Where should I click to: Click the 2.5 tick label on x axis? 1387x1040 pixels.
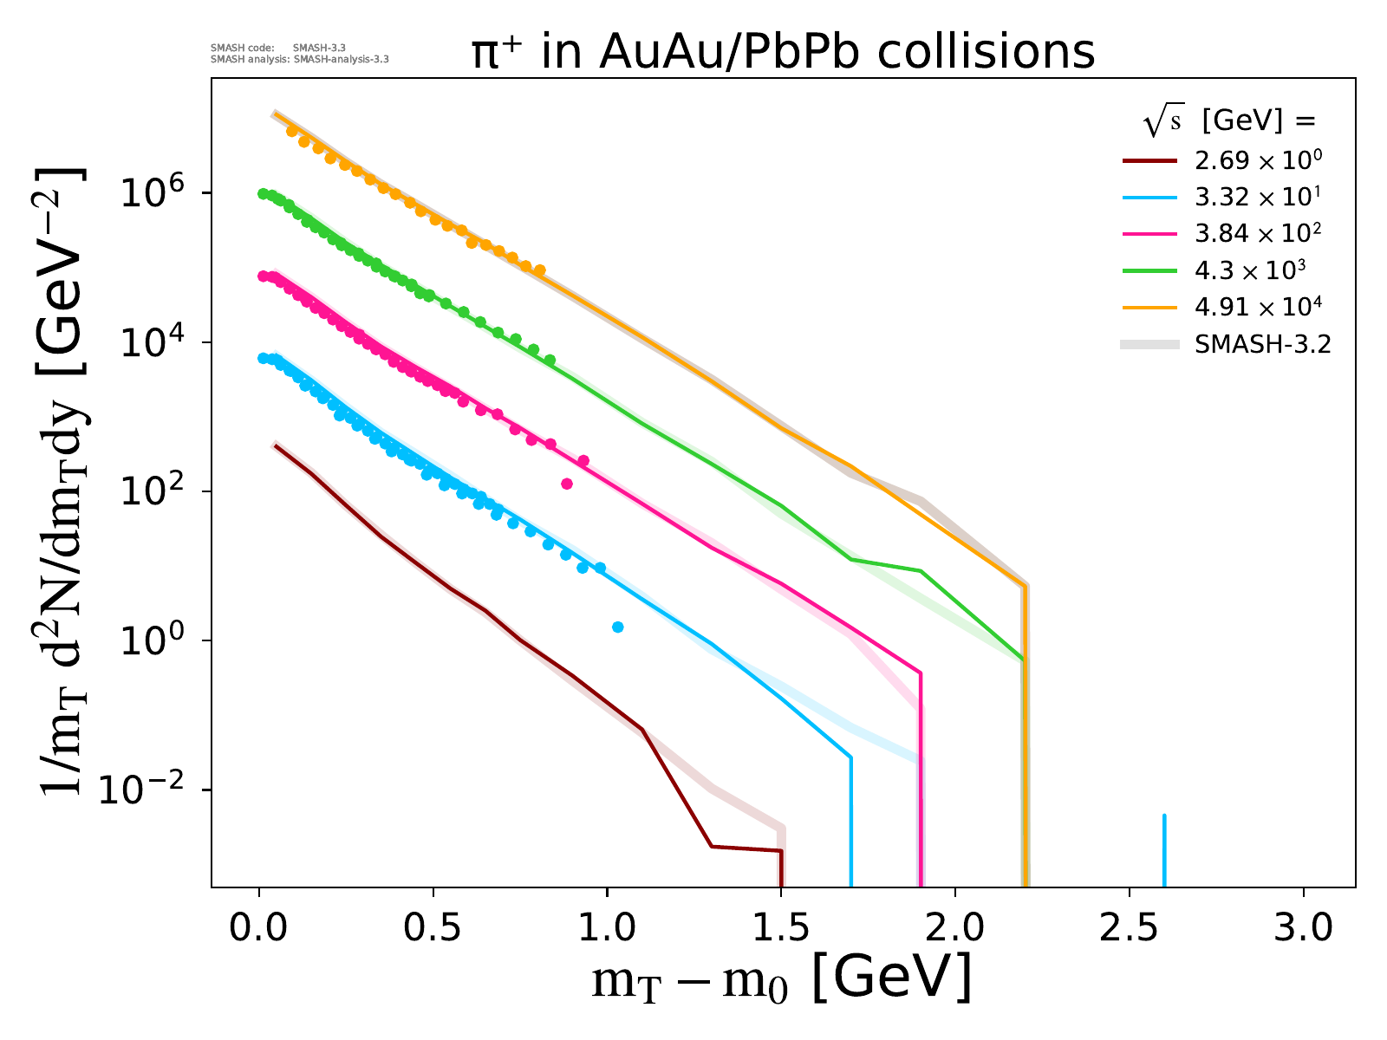point(1129,928)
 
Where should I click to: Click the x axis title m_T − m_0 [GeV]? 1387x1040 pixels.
point(781,979)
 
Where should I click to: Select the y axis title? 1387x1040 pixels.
point(61,482)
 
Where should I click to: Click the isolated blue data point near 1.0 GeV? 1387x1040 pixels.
point(617,627)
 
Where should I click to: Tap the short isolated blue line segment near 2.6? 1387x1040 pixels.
point(1163,849)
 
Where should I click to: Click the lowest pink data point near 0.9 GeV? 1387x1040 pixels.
point(567,484)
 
